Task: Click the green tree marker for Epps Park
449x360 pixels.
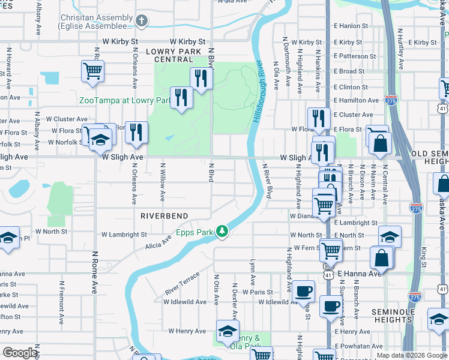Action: pyautogui.click(x=222, y=231)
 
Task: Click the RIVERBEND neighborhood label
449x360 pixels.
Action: pyautogui.click(x=164, y=215)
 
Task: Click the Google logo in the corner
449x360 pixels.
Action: pyautogui.click(x=20, y=353)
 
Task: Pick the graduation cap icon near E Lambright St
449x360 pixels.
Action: pyautogui.click(x=390, y=236)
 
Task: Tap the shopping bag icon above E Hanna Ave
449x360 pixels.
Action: pyautogui.click(x=382, y=258)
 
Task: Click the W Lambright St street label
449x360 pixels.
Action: pyautogui.click(x=124, y=235)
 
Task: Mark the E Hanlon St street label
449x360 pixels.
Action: pyautogui.click(x=351, y=26)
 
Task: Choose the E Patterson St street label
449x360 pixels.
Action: pyautogui.click(x=355, y=56)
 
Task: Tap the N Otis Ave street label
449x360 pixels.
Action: pyautogui.click(x=216, y=290)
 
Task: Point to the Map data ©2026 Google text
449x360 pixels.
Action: pyautogui.click(x=411, y=355)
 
